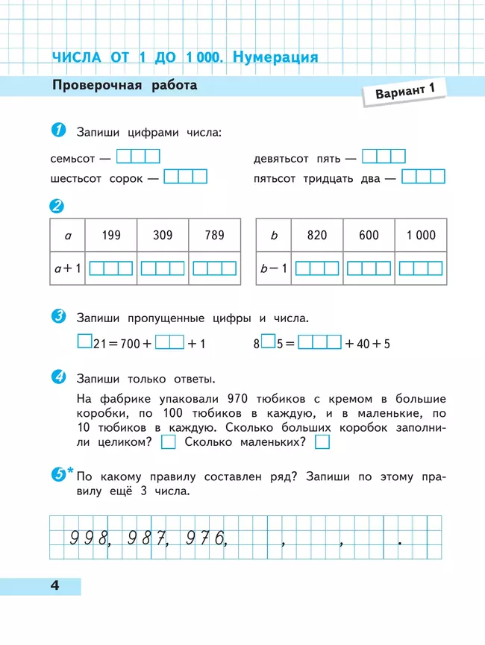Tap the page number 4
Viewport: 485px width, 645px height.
click(54, 585)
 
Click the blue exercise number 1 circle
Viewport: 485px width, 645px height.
click(58, 131)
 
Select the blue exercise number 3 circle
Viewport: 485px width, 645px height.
click(58, 317)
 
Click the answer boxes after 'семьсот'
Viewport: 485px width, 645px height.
click(139, 157)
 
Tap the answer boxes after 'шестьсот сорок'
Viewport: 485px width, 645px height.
click(185, 177)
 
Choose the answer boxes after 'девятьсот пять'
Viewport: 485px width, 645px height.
click(384, 157)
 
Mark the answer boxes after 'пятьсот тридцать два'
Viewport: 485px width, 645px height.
click(423, 177)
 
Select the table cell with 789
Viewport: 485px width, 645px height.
click(214, 236)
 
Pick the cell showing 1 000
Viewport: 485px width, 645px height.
click(421, 236)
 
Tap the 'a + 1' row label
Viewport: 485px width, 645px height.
click(68, 268)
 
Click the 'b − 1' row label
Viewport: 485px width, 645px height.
click(274, 268)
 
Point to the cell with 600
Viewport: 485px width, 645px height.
click(369, 236)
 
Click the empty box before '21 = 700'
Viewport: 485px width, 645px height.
click(84, 342)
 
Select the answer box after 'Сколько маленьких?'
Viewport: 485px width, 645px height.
click(322, 442)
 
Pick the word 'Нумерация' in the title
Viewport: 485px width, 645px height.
click(275, 57)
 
